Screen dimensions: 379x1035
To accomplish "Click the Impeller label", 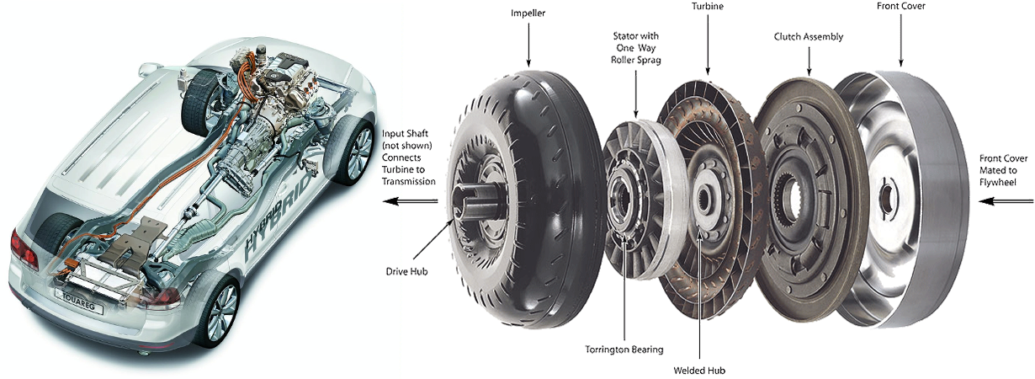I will (x=528, y=14).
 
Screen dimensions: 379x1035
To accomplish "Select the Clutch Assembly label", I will (x=808, y=37).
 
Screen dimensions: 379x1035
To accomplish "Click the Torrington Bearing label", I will (x=624, y=349).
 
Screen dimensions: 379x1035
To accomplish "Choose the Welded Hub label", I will (x=699, y=369).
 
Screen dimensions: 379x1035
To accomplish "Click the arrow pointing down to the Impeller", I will (x=528, y=46).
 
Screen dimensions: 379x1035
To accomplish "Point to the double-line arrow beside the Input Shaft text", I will (x=409, y=201).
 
